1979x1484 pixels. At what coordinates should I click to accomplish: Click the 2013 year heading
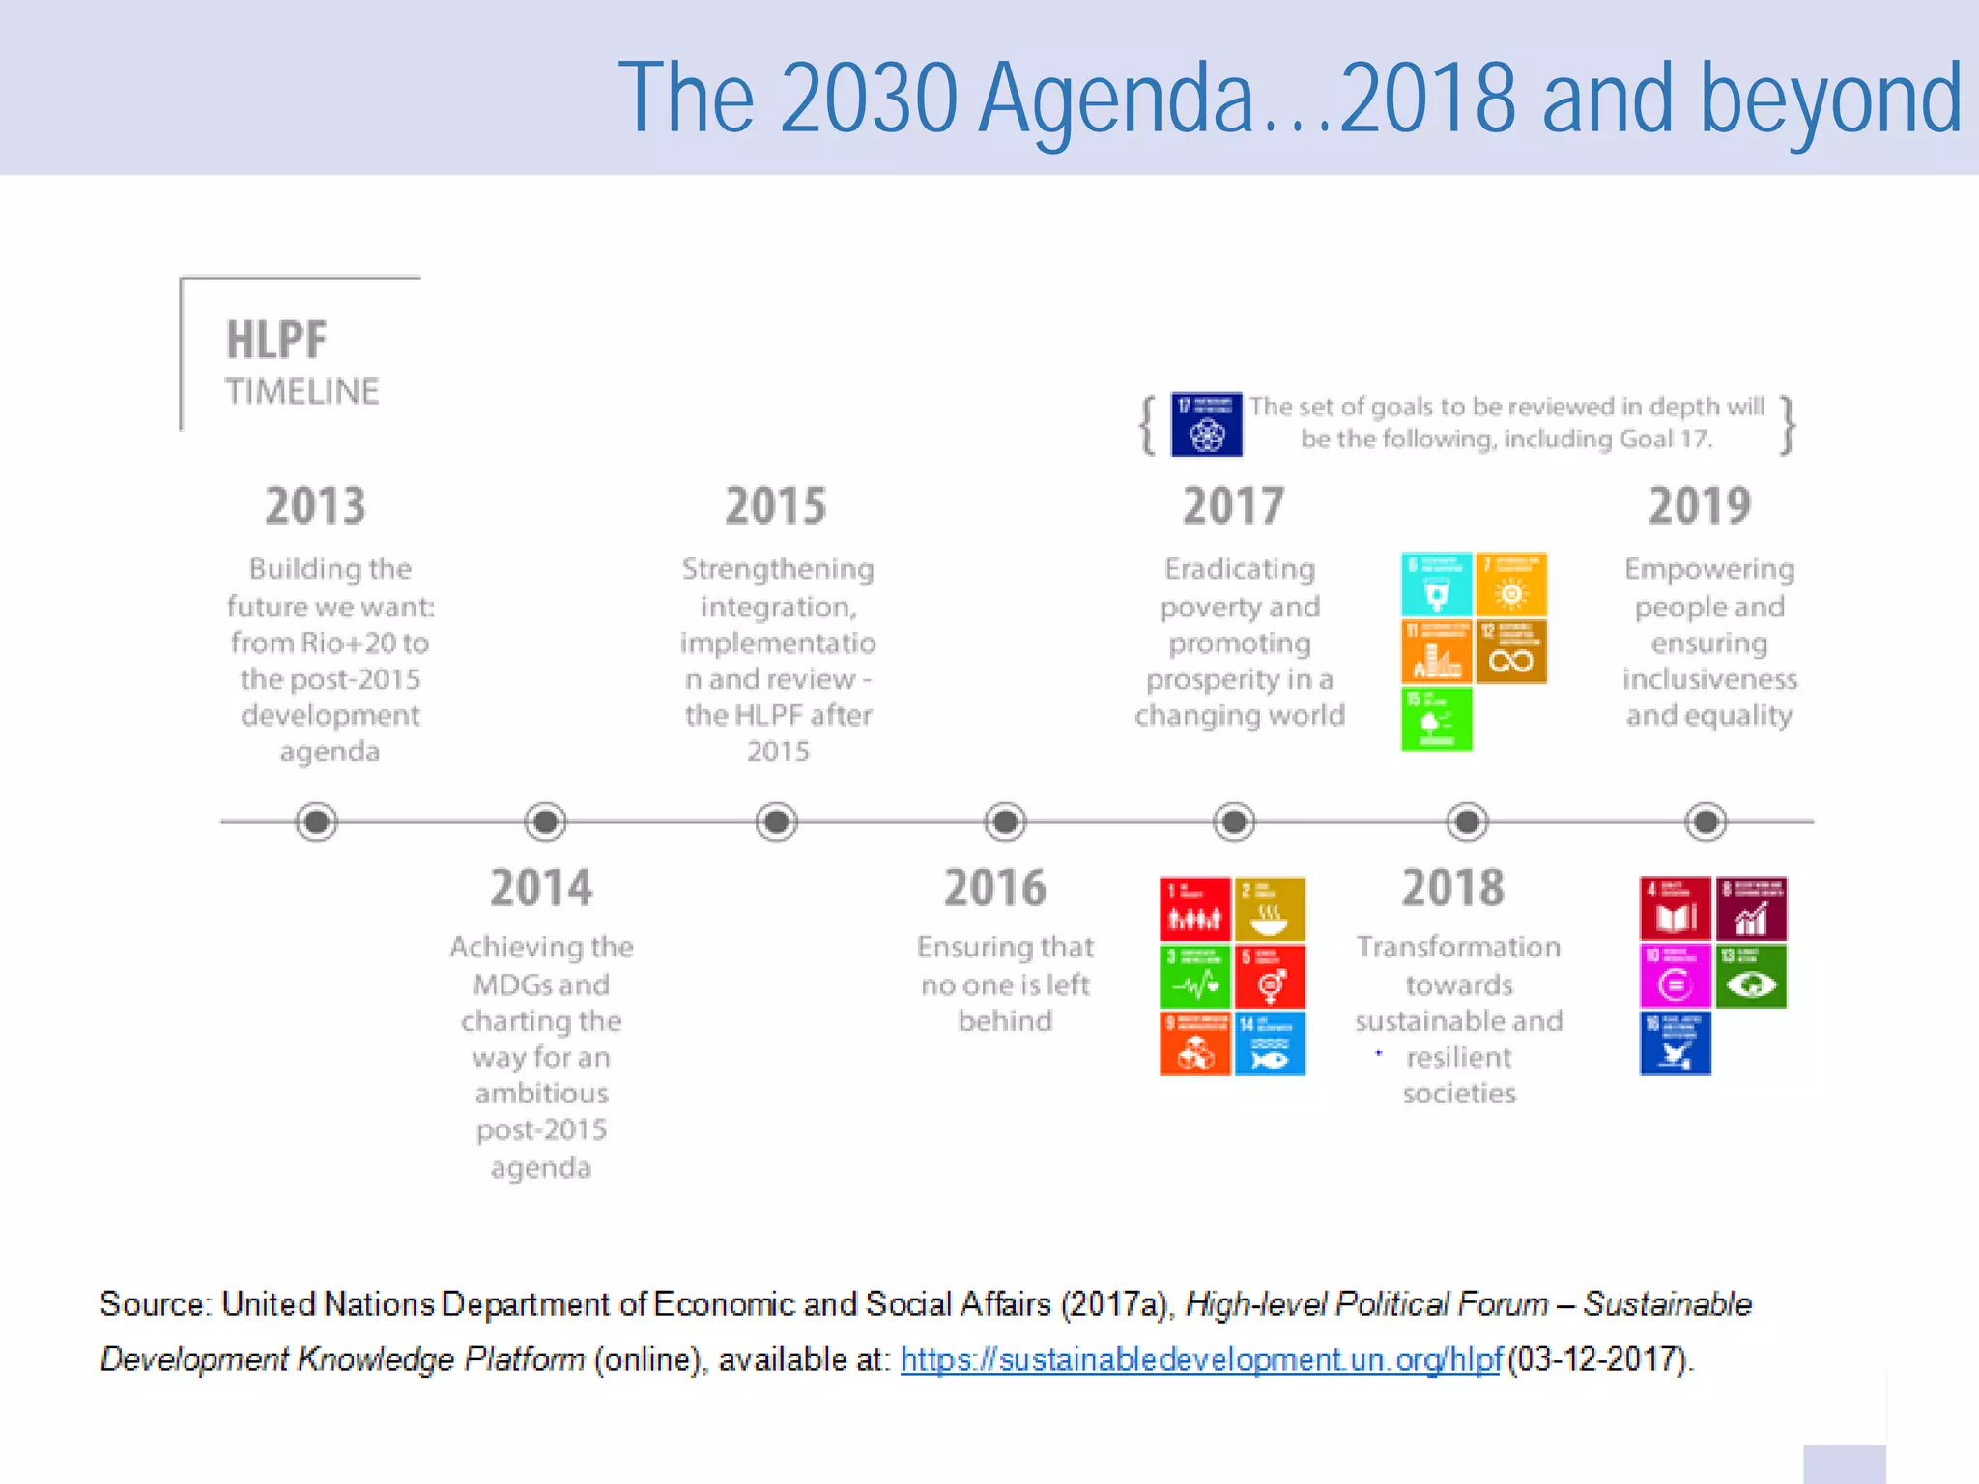coord(315,506)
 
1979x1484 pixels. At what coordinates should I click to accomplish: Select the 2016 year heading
coord(994,888)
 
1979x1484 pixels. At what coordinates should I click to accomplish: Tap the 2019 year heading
coord(1699,506)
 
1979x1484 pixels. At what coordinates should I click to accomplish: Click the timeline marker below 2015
coord(776,822)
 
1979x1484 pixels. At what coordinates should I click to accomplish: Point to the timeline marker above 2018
coord(1467,822)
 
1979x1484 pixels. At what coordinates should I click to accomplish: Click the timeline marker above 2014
coord(545,822)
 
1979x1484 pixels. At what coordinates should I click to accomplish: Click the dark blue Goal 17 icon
coord(1206,425)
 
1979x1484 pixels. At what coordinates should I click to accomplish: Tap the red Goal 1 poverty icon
coord(1194,909)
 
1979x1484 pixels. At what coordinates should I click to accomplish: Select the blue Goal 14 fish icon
coord(1270,1044)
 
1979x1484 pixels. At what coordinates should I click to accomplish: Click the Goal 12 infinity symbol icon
coord(1511,652)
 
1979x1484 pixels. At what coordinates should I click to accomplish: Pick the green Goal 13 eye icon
coord(1751,977)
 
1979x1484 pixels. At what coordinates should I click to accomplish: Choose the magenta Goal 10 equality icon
coord(1675,977)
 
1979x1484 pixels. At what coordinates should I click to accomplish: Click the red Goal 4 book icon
coord(1675,909)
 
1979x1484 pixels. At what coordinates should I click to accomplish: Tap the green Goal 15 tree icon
coord(1436,720)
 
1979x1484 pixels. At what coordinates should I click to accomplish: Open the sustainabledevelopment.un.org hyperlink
coord(1200,1359)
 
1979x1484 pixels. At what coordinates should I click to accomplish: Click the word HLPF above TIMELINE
coord(276,340)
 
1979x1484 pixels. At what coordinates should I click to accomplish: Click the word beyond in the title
coord(1830,99)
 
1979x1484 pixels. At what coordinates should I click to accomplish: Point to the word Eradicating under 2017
coord(1239,569)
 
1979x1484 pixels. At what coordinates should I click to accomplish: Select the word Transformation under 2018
coord(1457,947)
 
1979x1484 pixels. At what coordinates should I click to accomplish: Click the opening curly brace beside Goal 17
coord(1147,425)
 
